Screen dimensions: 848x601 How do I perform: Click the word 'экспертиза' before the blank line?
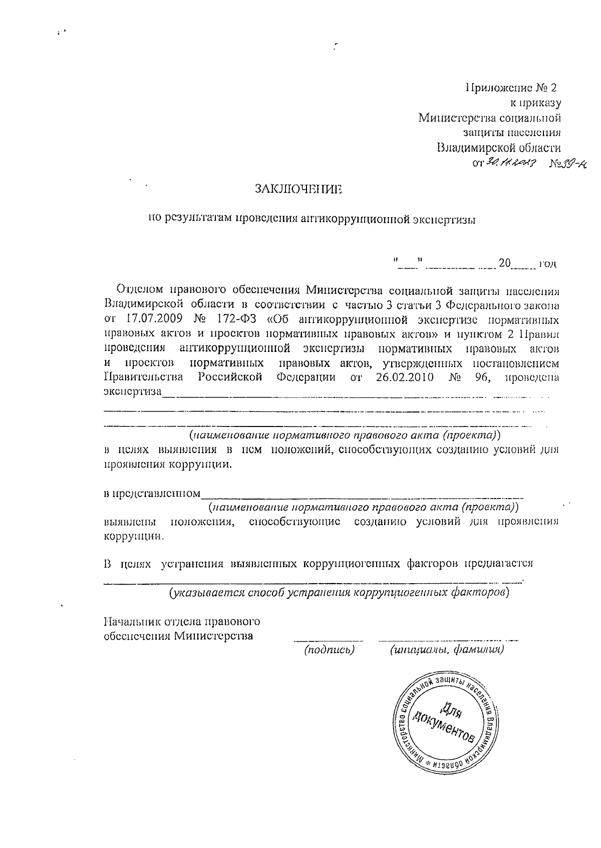133,391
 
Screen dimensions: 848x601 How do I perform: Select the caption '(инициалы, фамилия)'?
447,650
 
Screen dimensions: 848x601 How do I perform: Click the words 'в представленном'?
152,494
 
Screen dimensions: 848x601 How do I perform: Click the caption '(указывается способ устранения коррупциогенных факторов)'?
339,593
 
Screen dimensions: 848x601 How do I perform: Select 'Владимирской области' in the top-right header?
499,148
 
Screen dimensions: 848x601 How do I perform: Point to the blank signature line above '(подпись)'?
329,640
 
